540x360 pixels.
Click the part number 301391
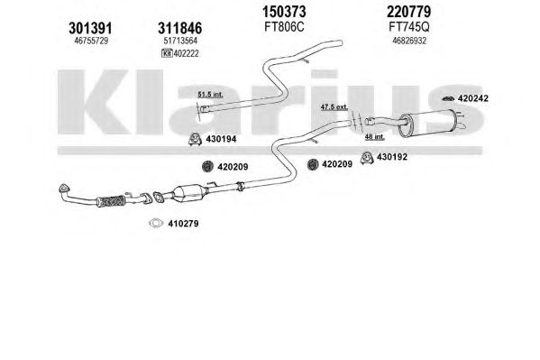(x=90, y=28)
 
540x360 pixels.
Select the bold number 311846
(x=179, y=28)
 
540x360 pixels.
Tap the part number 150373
(x=284, y=12)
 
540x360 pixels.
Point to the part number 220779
(x=408, y=12)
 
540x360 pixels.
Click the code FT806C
(x=284, y=27)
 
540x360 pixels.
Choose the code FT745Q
(x=409, y=27)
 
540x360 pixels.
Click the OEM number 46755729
(x=91, y=41)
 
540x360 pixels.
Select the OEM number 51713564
(x=180, y=41)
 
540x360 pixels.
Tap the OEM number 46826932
(x=409, y=41)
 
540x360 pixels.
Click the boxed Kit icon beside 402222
(x=167, y=53)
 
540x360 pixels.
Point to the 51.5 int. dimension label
(x=210, y=94)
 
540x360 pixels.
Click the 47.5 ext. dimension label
(x=334, y=106)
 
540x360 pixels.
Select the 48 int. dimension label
(x=375, y=136)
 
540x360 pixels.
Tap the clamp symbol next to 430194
(x=195, y=139)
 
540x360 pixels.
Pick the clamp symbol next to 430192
(x=367, y=158)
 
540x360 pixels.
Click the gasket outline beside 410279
(x=156, y=224)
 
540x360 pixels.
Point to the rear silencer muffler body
(x=427, y=124)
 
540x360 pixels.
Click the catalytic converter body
(x=189, y=194)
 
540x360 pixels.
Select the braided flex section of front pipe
(x=111, y=201)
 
